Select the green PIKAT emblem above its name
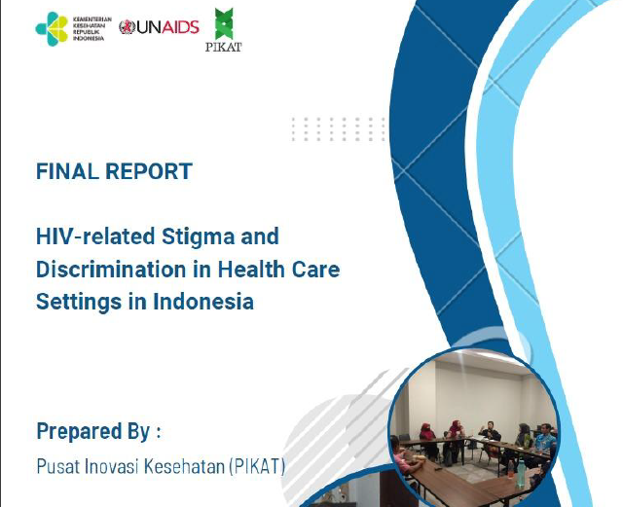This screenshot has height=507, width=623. (x=225, y=22)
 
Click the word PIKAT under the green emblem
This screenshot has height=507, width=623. (x=225, y=45)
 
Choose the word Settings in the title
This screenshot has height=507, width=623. (x=77, y=302)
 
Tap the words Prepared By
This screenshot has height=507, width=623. (x=93, y=431)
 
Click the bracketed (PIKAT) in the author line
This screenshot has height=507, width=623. (x=256, y=467)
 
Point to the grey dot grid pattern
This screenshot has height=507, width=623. (x=337, y=129)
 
